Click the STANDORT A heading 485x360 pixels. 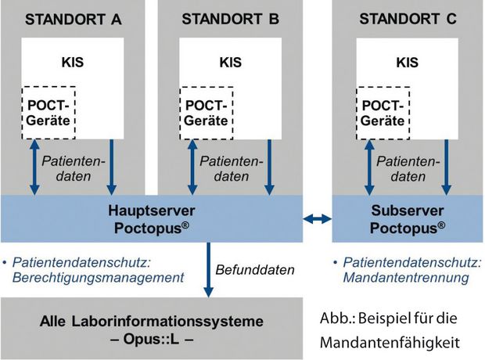73,20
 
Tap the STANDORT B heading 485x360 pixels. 231,20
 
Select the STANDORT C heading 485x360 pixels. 408,19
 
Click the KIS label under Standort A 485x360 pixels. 73,63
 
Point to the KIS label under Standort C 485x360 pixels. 408,63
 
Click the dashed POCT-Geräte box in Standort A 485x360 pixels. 48,113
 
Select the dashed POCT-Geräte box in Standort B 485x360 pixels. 207,113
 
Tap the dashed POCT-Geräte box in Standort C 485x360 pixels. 383,113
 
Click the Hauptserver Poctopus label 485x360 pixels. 152,219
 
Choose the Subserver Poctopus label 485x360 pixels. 408,219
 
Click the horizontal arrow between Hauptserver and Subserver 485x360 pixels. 318,219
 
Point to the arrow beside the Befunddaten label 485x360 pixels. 209,270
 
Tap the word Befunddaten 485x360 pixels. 255,270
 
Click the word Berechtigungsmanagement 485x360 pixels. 98,278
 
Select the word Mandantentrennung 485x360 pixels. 406,277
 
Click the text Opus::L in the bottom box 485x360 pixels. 152,339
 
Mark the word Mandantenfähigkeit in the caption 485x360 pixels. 390,342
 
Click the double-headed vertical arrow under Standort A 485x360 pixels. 34,167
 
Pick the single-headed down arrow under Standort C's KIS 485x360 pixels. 446,167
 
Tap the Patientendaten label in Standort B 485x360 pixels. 232,169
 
